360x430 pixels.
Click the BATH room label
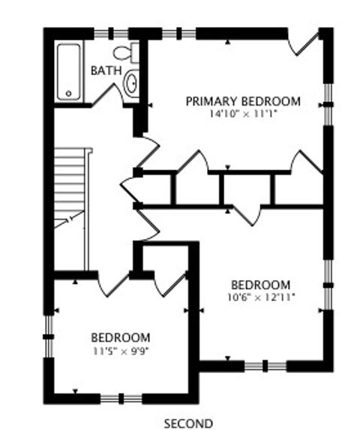point(104,70)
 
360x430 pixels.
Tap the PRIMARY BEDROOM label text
point(243,101)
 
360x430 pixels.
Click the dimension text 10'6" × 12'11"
point(260,297)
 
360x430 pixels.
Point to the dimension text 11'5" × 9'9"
point(121,350)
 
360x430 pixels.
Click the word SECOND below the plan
point(188,423)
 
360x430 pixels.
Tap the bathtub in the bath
point(70,71)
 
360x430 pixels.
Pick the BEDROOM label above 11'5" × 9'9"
point(121,337)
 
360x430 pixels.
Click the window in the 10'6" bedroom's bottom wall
point(266,366)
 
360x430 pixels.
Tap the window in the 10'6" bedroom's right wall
point(327,284)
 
